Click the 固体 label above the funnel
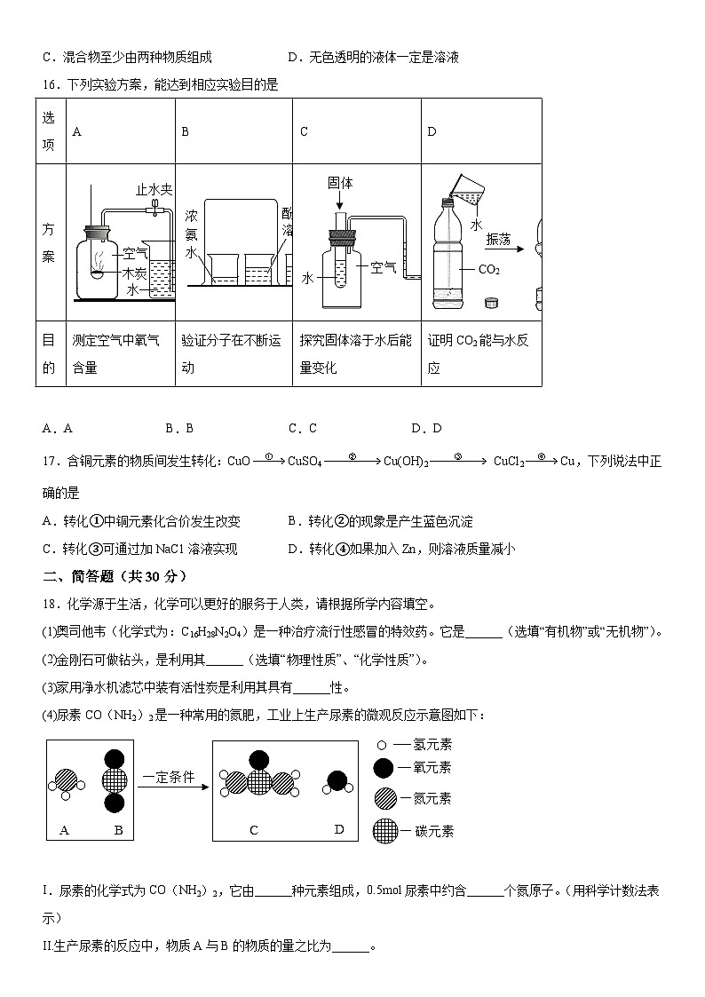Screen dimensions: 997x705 pyautogui.click(x=340, y=183)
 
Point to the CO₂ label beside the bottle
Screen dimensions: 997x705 pyautogui.click(x=489, y=269)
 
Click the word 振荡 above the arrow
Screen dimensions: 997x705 pyautogui.click(x=499, y=240)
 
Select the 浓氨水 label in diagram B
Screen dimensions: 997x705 pyautogui.click(x=191, y=234)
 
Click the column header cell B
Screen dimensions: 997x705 pyautogui.click(x=186, y=131)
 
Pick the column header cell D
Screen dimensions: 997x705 pyautogui.click(x=432, y=131)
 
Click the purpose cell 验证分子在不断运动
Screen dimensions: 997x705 pyautogui.click(x=231, y=353)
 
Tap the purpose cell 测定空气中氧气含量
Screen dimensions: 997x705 pyautogui.click(x=115, y=353)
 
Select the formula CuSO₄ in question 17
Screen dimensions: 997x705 pyautogui.click(x=305, y=462)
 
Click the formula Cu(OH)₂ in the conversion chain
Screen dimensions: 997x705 pyautogui.click(x=407, y=462)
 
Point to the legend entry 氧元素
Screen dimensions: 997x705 pyautogui.click(x=425, y=767)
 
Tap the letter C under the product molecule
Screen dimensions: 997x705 pyautogui.click(x=254, y=830)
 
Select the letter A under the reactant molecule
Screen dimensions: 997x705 pyautogui.click(x=64, y=830)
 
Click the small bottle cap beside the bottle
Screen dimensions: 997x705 pyautogui.click(x=491, y=304)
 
